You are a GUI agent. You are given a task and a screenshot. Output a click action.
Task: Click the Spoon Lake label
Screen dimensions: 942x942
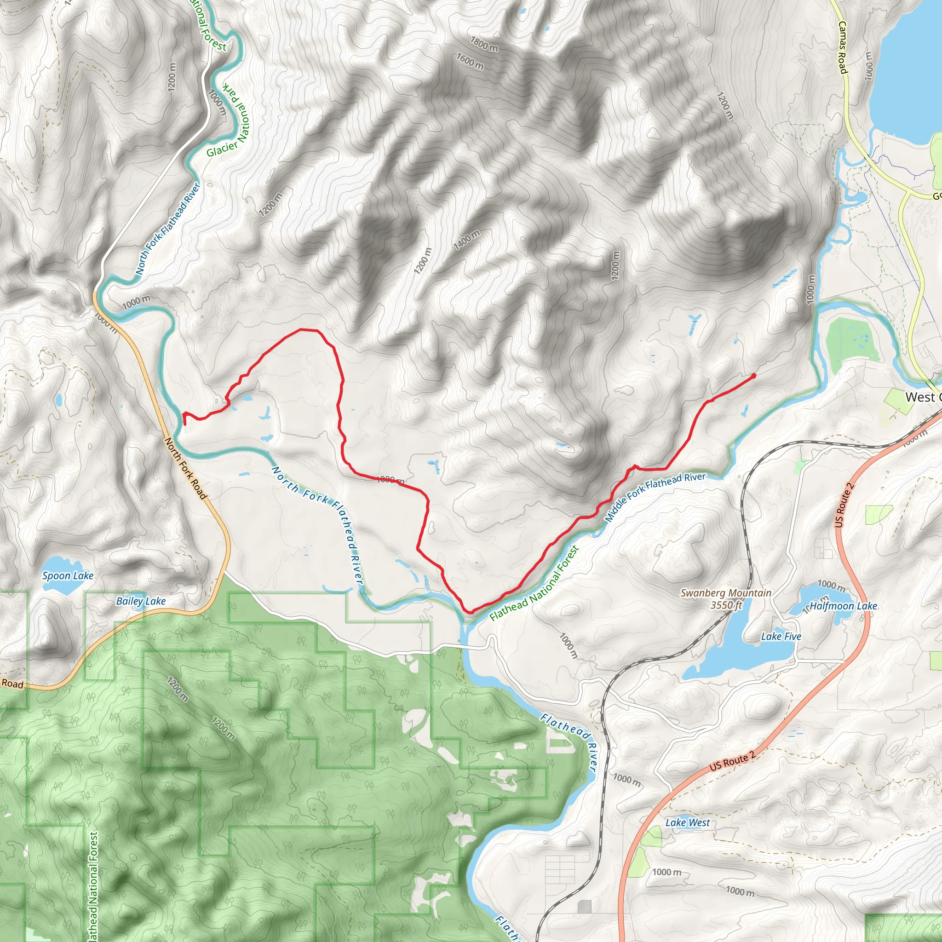click(x=68, y=575)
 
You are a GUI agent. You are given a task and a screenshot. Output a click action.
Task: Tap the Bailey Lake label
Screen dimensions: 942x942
click(x=141, y=601)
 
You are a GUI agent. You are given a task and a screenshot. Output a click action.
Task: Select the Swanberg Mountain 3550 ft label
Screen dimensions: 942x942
click(x=725, y=599)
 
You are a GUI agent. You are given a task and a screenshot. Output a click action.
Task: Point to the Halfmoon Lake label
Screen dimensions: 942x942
click(x=843, y=606)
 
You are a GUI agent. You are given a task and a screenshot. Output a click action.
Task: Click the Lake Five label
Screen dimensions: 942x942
click(x=781, y=636)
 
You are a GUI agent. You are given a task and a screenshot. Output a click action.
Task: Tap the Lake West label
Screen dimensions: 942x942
click(x=688, y=822)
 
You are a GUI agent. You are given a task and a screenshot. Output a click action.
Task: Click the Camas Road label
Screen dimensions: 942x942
click(x=843, y=47)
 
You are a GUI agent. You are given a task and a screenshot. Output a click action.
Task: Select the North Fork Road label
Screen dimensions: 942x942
click(x=186, y=468)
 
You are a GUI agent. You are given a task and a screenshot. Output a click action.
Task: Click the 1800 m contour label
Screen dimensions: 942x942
click(x=484, y=44)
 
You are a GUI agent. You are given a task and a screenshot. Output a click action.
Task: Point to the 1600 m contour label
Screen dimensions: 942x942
click(x=470, y=62)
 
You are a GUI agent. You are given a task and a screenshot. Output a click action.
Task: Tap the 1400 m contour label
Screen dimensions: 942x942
click(x=466, y=240)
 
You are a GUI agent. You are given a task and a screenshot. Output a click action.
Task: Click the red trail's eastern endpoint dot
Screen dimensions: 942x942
click(x=753, y=376)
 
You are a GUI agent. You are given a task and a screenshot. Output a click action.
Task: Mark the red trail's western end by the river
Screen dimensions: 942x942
click(x=185, y=424)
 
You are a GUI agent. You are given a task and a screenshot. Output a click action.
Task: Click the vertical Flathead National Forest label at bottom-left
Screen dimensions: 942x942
click(x=94, y=885)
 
